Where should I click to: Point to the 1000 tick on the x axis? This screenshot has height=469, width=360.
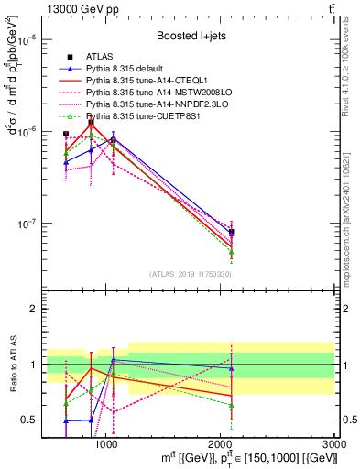point(106,443)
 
